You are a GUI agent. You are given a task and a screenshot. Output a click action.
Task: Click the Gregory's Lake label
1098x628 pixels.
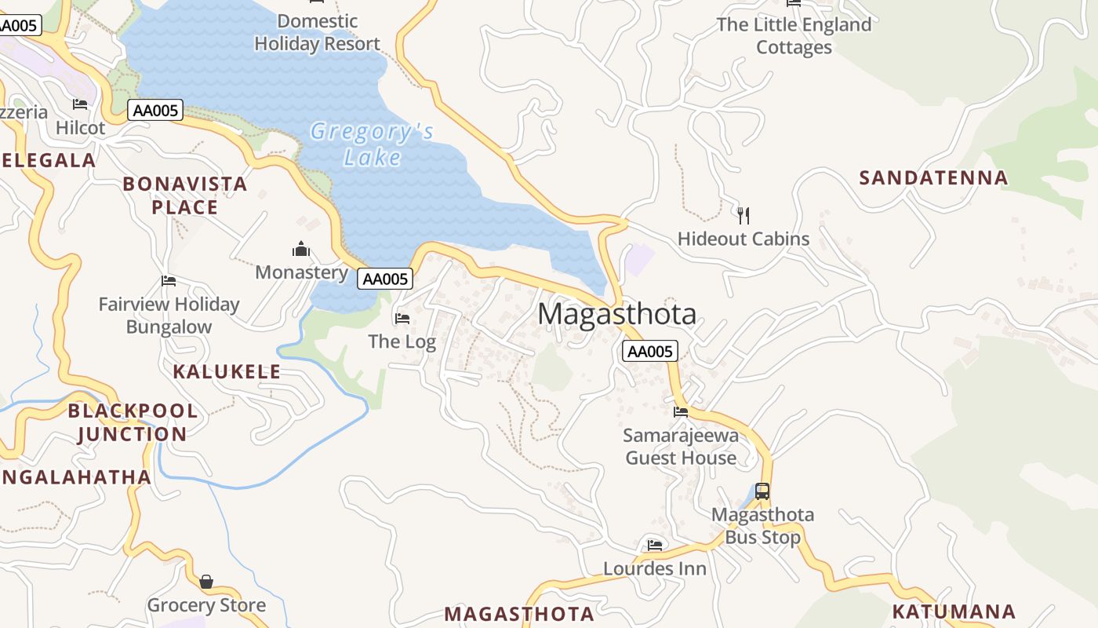pos(372,144)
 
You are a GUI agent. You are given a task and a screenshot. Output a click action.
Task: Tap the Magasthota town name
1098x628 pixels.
pos(616,314)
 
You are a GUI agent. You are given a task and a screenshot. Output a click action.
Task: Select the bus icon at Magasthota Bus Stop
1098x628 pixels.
pos(762,491)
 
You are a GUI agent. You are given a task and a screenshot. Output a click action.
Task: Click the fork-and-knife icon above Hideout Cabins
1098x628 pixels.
pos(744,214)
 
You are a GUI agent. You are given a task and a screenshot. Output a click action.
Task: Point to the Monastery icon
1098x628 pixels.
pos(301,250)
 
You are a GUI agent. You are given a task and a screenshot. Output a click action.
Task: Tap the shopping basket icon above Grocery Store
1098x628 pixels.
pos(206,582)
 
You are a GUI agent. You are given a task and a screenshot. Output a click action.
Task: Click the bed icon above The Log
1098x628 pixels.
pos(402,318)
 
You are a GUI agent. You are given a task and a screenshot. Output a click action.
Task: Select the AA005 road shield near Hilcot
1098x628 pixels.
pos(155,111)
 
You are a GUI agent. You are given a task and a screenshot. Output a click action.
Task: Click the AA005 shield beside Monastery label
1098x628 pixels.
pos(384,279)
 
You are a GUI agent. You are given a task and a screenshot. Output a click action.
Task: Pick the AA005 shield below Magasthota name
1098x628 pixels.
pos(649,351)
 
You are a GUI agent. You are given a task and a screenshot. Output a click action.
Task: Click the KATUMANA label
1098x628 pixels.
pos(954,612)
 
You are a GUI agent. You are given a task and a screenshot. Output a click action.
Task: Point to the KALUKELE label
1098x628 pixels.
pos(227,371)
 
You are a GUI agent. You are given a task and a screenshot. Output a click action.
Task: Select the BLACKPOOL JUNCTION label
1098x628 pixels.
pos(132,422)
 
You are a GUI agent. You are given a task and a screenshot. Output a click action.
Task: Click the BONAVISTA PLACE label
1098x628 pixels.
pos(184,195)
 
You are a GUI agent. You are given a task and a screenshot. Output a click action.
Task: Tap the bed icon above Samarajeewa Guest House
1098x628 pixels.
pos(680,411)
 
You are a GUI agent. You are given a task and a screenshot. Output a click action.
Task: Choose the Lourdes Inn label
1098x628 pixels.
pos(655,568)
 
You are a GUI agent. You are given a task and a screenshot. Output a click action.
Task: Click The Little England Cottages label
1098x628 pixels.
pos(794,36)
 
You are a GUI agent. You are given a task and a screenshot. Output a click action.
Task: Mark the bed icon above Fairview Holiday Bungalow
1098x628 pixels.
pos(169,281)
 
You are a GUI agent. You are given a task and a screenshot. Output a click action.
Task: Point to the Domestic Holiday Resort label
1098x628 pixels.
pos(318,32)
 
